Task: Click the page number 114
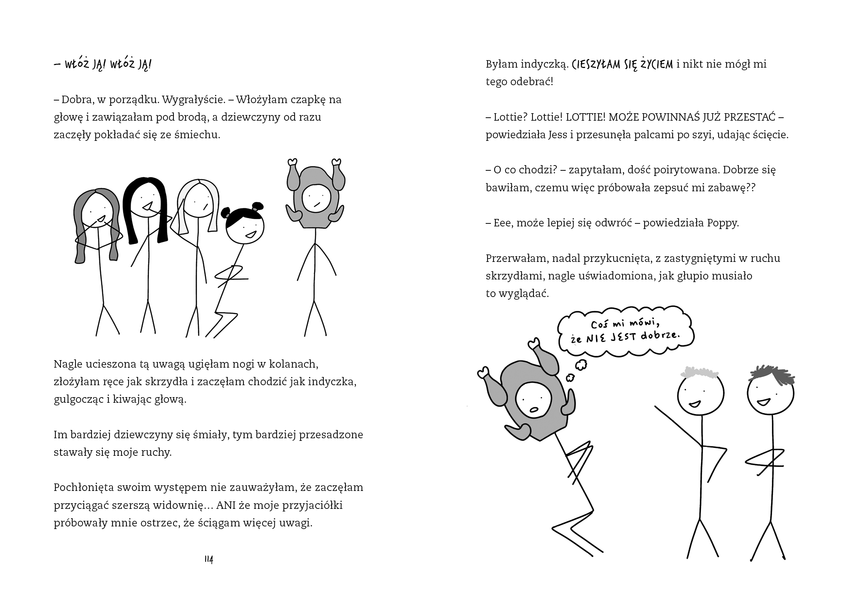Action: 209,559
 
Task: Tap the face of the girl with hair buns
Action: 245,229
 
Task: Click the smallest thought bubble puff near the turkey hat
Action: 569,379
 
